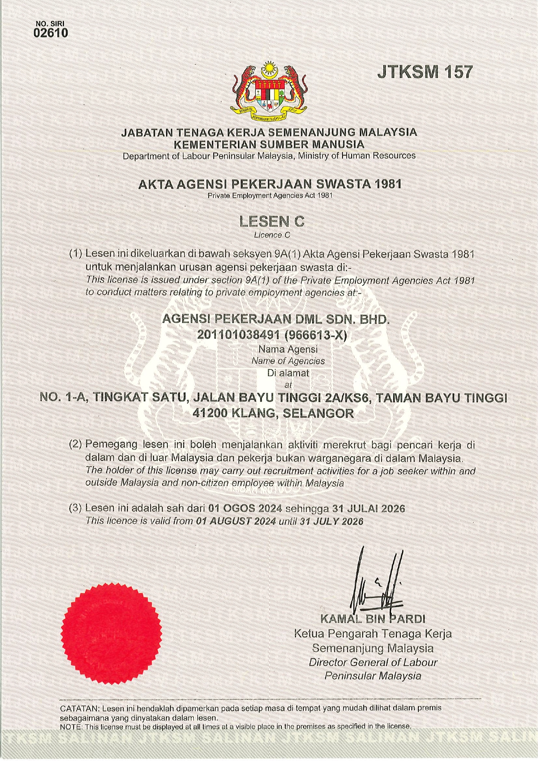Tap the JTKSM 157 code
[x=424, y=72]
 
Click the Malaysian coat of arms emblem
[x=269, y=91]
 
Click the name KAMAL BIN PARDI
[x=372, y=618]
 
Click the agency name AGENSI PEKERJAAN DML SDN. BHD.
[x=276, y=320]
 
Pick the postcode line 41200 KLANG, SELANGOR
[x=273, y=414]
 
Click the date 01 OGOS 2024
[x=245, y=508]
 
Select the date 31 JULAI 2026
[x=368, y=508]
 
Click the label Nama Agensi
[x=288, y=349]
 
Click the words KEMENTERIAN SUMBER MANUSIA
[x=269, y=144]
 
